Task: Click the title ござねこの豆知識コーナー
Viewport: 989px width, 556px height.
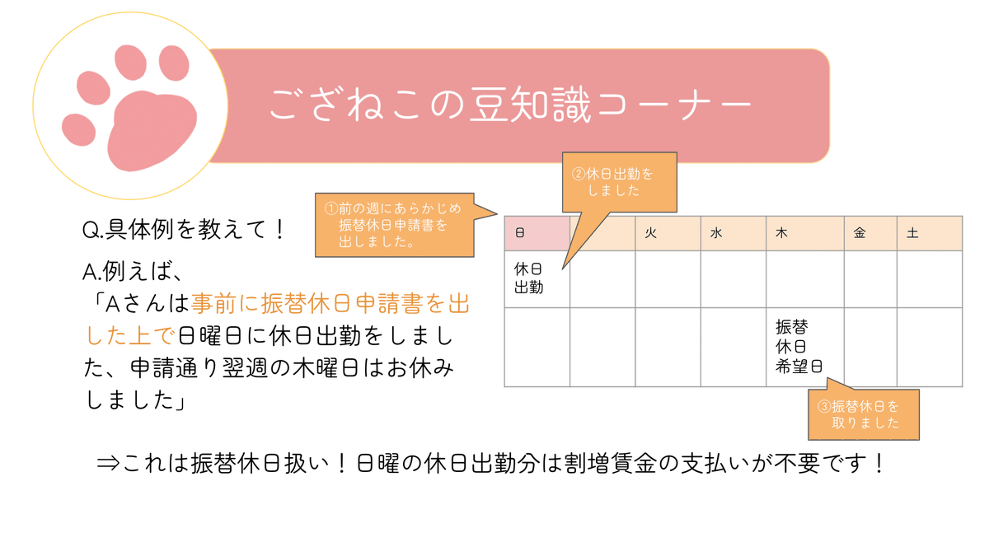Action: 510,105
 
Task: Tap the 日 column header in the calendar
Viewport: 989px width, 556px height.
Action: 520,234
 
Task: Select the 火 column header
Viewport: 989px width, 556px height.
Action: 650,234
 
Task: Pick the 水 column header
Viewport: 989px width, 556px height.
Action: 715,234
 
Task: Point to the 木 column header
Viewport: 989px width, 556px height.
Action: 780,234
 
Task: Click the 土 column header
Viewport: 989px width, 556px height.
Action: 912,234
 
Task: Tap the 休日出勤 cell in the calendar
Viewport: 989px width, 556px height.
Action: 529,278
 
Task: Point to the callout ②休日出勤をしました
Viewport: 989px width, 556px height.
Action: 618,182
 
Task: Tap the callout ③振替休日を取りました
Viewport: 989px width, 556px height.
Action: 865,414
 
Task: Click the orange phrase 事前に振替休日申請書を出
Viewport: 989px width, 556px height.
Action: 330,306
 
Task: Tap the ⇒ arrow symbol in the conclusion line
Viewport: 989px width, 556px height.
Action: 108,464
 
